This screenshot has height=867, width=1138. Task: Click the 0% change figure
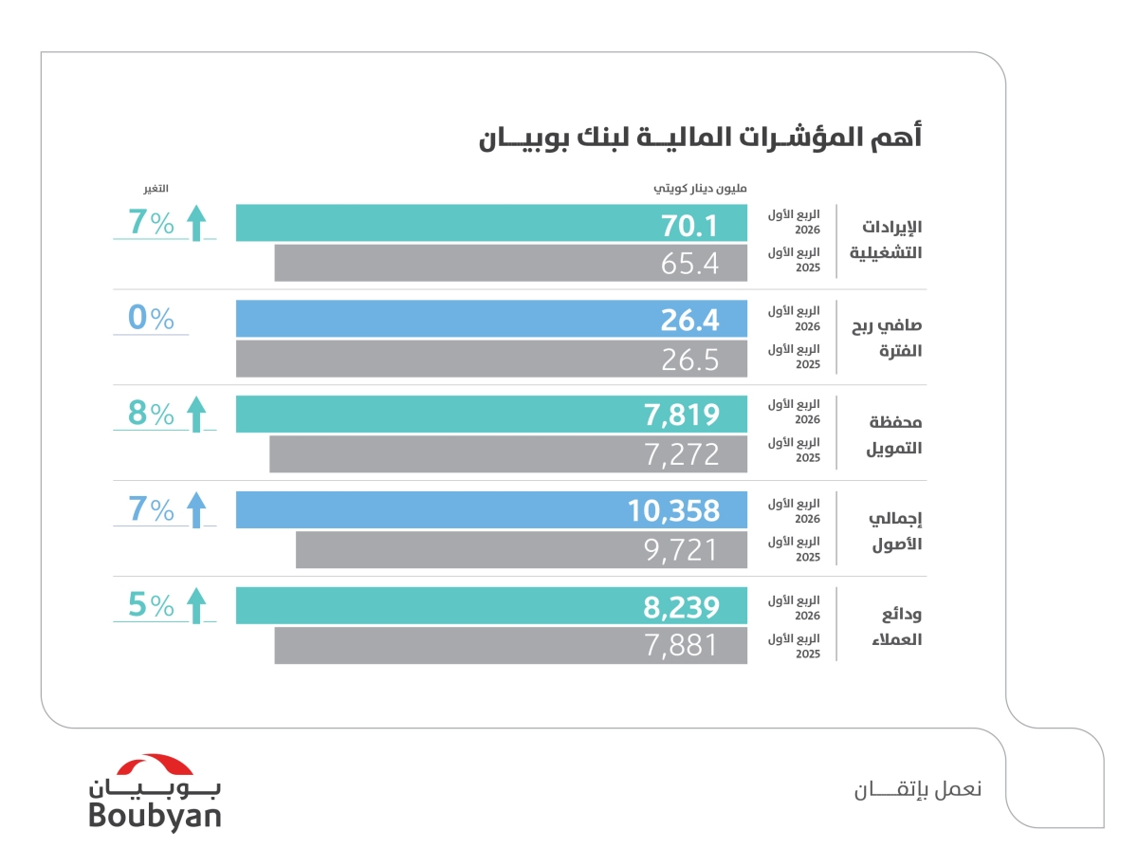pyautogui.click(x=152, y=319)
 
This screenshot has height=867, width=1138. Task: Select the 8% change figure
pyautogui.click(x=152, y=415)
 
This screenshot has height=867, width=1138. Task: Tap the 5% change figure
pyautogui.click(x=152, y=605)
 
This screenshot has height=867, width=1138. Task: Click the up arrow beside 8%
pyautogui.click(x=196, y=415)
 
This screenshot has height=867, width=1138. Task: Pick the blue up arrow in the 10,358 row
pyautogui.click(x=196, y=510)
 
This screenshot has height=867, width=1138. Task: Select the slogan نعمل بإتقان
pyautogui.click(x=915, y=789)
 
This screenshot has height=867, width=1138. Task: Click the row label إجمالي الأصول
pyautogui.click(x=895, y=531)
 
